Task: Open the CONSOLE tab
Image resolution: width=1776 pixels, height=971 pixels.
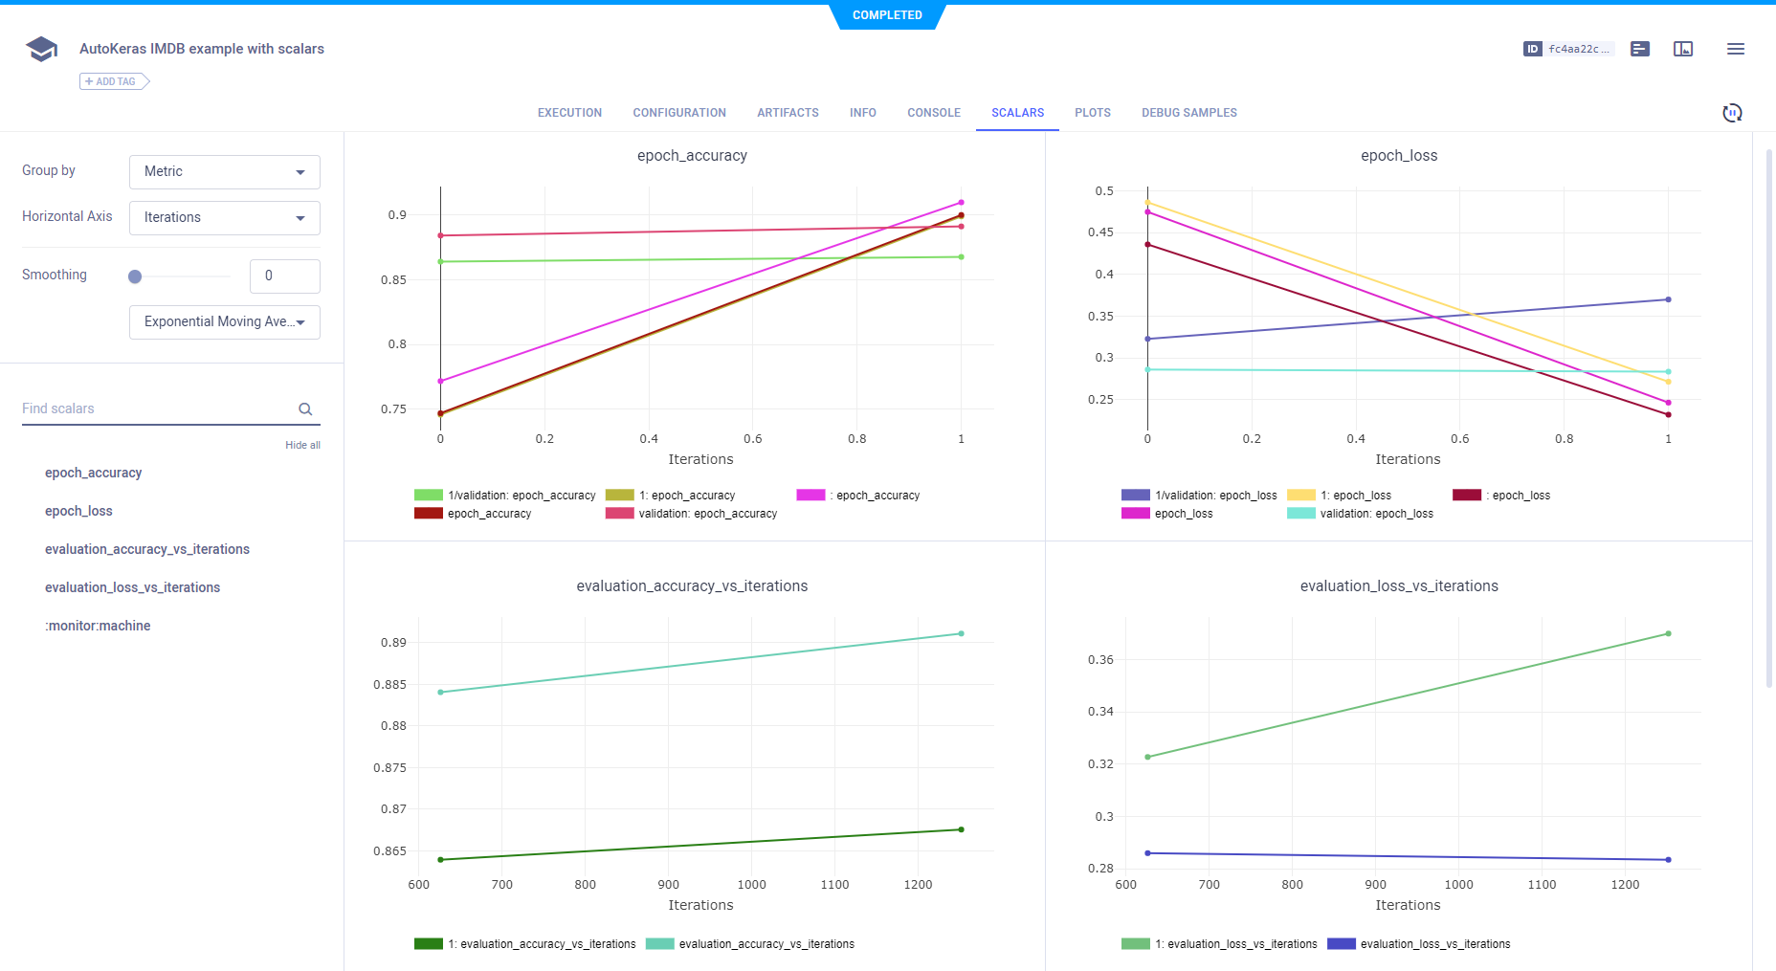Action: tap(933, 113)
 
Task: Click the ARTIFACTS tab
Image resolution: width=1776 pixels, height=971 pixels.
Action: tap(788, 113)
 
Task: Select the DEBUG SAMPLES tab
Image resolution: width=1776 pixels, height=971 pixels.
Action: tap(1188, 113)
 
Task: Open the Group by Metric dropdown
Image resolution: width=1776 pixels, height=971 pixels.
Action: tap(224, 172)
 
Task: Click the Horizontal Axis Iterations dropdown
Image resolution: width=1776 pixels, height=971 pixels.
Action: tap(224, 218)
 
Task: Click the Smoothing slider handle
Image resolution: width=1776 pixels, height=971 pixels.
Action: tap(135, 276)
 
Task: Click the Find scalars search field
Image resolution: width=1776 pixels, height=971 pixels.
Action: tap(158, 408)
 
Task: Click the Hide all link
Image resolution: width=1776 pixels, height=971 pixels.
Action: tap(302, 445)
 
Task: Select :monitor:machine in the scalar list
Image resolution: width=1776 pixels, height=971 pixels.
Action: tap(98, 626)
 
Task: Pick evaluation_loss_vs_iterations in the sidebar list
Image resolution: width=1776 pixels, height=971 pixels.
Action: tap(132, 587)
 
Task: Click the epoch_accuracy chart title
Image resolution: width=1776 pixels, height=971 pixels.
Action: tap(692, 156)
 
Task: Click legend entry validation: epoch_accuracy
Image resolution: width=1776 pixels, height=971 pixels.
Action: tap(707, 514)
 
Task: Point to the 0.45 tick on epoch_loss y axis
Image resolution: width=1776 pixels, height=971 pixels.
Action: tap(1100, 232)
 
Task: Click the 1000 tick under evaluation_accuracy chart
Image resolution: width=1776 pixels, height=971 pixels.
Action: tap(751, 885)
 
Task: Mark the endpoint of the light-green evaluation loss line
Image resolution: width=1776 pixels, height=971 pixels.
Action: tap(1668, 633)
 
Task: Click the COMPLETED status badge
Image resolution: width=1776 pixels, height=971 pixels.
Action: tap(887, 15)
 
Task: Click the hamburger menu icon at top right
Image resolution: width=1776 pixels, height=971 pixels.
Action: tap(1735, 49)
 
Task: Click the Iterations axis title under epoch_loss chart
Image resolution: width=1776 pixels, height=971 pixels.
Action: tap(1407, 459)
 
